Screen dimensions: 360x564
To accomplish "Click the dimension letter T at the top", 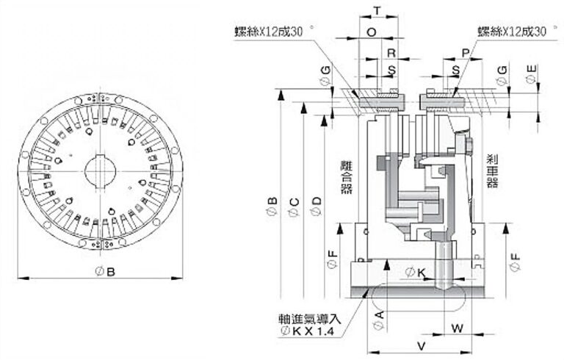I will pyautogui.click(x=377, y=10).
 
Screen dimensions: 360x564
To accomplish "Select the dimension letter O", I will pyautogui.click(x=371, y=32).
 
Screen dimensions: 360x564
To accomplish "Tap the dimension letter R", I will pyautogui.click(x=391, y=53).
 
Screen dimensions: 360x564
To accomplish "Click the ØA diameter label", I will pyautogui.click(x=379, y=318).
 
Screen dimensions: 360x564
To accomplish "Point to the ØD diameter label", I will pyautogui.click(x=317, y=206).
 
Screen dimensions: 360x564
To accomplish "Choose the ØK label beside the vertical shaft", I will pyautogui.click(x=416, y=273).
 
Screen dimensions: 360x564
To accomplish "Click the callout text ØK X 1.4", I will pyautogui.click(x=308, y=331).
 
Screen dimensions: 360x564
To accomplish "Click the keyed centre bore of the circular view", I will pyautogui.click(x=101, y=173).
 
